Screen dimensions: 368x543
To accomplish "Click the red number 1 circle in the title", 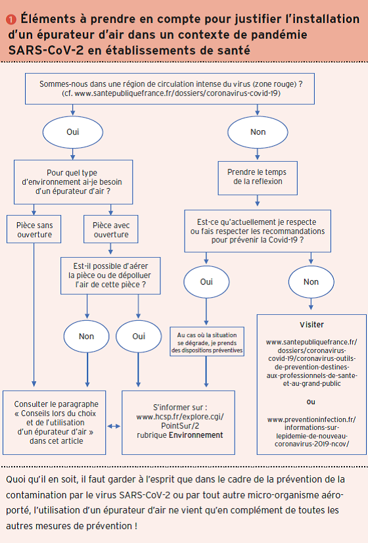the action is click(11, 20).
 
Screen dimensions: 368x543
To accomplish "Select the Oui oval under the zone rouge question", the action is click(73, 132).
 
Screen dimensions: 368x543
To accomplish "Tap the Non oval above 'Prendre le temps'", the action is click(258, 132).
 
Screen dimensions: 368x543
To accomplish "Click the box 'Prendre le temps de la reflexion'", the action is click(258, 178).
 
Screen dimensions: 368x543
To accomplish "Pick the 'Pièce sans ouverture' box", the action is click(34, 229).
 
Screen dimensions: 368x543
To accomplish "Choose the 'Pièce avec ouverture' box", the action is click(111, 229).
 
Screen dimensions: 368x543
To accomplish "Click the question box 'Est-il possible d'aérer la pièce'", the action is click(110, 275).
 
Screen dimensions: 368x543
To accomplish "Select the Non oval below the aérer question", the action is click(87, 337).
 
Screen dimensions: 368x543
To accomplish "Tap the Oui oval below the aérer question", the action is click(139, 337).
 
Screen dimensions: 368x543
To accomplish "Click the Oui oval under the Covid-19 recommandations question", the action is click(206, 282).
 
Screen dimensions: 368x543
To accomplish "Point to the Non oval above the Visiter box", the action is click(311, 282).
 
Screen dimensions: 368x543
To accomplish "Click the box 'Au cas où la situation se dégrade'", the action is click(207, 342).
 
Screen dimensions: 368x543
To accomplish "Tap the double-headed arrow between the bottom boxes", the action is click(114, 426).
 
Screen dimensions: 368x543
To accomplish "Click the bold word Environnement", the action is click(196, 435).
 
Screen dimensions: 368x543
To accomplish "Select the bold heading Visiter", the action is click(311, 325).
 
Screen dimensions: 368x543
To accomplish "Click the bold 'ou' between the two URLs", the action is click(311, 402).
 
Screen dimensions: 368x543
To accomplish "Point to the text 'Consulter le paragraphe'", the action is click(56, 404).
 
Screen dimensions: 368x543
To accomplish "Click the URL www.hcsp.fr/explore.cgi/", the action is click(180, 417).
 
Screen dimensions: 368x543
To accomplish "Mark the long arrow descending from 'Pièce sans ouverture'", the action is click(34, 315).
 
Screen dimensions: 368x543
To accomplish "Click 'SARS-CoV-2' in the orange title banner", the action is click(46, 51).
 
